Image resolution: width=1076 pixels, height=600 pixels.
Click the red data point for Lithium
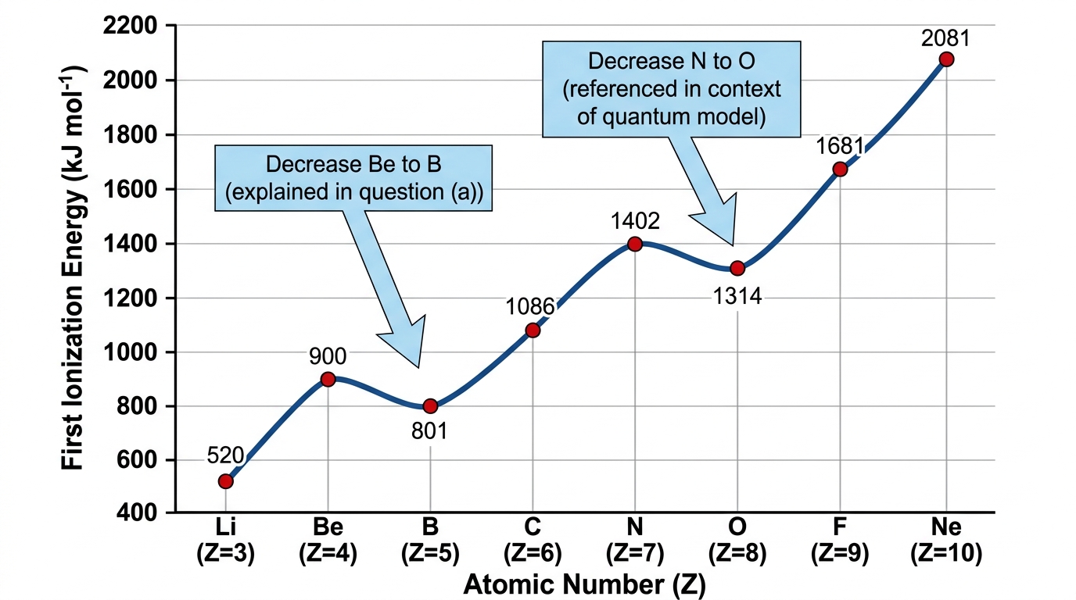tap(226, 481)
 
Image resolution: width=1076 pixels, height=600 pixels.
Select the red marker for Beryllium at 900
tap(328, 380)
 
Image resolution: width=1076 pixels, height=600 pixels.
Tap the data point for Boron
tap(430, 406)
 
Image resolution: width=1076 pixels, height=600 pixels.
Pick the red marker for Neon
tap(946, 59)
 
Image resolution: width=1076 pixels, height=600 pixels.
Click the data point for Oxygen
tap(737, 268)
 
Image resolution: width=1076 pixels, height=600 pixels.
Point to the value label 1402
tap(635, 221)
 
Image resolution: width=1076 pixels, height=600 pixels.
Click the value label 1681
tap(840, 146)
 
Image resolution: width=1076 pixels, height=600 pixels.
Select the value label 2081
tap(945, 38)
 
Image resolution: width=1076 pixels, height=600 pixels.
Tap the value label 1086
tap(530, 306)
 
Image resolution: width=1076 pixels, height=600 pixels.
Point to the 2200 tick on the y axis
tap(130, 26)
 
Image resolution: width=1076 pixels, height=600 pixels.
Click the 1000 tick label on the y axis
tap(130, 352)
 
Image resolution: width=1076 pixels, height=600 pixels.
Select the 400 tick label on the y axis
tap(137, 512)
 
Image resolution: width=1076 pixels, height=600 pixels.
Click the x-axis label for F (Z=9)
tap(840, 540)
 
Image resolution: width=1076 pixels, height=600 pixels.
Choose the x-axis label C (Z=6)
tap(533, 540)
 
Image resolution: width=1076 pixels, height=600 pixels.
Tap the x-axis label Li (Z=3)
tap(226, 540)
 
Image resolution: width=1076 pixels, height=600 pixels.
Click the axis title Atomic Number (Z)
tap(585, 584)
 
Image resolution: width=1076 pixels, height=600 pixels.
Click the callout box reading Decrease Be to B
tap(353, 178)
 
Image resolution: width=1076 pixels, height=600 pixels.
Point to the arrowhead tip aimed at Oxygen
tap(733, 245)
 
